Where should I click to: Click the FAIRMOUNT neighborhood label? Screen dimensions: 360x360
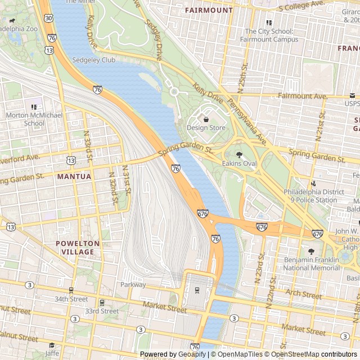click(208, 10)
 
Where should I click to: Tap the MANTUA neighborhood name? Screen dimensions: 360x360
click(74, 176)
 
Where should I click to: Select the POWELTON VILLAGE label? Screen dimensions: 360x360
click(78, 247)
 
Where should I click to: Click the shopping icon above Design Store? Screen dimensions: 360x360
click(206, 119)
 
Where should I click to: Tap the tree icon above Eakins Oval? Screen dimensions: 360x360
click(239, 155)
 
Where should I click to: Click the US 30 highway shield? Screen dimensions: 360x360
click(49, 19)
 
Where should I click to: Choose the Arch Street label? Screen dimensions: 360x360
click(303, 294)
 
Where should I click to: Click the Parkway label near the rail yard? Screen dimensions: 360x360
click(133, 285)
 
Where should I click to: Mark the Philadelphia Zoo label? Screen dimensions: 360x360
click(19, 28)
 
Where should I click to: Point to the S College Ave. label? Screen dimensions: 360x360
click(301, 6)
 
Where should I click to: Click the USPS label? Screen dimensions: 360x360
click(352, 103)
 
